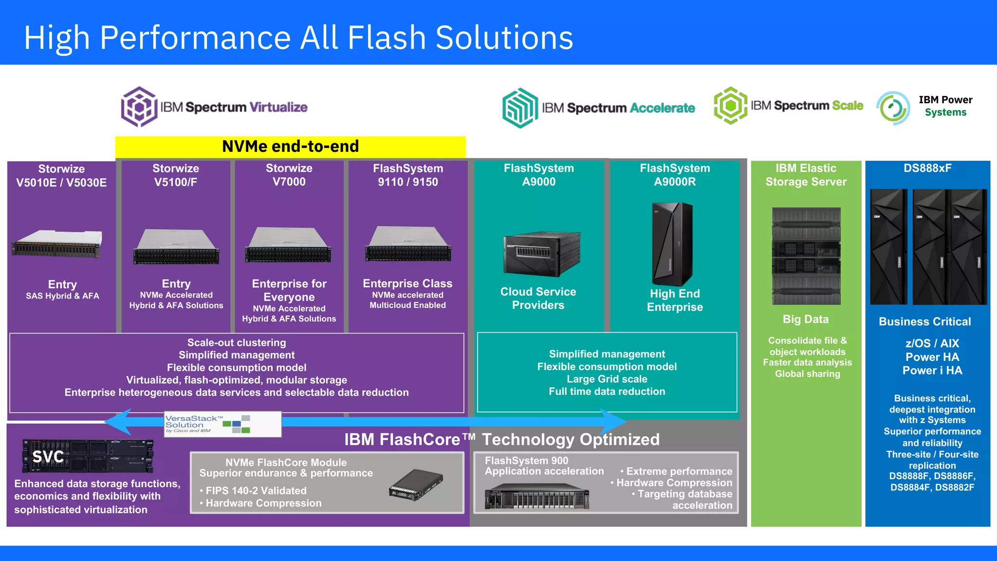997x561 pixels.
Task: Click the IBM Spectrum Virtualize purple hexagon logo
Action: [139, 107]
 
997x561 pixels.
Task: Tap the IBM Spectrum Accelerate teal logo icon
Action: [520, 108]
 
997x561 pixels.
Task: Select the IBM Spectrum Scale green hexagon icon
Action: [730, 105]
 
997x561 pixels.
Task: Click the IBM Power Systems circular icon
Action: [893, 108]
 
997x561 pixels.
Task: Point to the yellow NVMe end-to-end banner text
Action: [290, 147]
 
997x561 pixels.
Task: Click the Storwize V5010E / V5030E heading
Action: [61, 176]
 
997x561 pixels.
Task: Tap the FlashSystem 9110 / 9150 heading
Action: [408, 175]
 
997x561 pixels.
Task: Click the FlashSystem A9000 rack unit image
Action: [541, 254]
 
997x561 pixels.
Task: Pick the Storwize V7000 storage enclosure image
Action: [288, 245]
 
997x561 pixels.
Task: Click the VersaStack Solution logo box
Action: [222, 424]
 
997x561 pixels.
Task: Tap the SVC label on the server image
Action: [48, 457]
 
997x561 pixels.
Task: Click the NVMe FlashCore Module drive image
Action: [416, 485]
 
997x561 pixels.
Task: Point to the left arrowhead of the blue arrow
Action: [117, 422]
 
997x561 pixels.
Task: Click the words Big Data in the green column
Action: [805, 319]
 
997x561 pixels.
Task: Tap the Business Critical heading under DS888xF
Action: [924, 322]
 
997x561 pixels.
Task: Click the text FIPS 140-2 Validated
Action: [256, 491]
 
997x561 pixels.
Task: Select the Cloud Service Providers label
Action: [538, 299]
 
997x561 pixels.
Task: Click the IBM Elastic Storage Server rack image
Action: [806, 256]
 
